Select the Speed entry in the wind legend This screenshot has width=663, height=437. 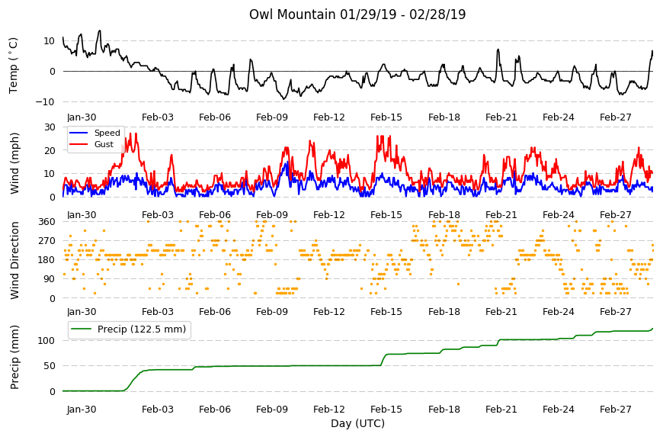pyautogui.click(x=107, y=133)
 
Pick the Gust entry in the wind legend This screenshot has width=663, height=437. pyautogui.click(x=104, y=144)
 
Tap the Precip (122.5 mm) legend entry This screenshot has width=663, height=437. pyautogui.click(x=142, y=329)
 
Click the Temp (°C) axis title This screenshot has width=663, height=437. pyautogui.click(x=14, y=65)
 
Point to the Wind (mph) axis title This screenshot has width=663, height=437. pyautogui.click(x=14, y=163)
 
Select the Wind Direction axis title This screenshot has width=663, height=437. pyautogui.click(x=14, y=260)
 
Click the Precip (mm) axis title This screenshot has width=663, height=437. pyautogui.click(x=14, y=357)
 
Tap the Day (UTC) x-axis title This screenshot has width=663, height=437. pyautogui.click(x=357, y=423)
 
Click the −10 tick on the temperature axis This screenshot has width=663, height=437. pyautogui.click(x=46, y=102)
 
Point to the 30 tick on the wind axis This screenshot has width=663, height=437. pyautogui.click(x=50, y=127)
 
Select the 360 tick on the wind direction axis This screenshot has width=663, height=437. pyautogui.click(x=47, y=222)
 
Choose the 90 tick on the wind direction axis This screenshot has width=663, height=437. pyautogui.click(x=50, y=279)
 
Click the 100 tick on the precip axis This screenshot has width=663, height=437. pyautogui.click(x=47, y=341)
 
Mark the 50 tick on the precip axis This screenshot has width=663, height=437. pyautogui.click(x=50, y=366)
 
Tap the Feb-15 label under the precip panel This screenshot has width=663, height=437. pyautogui.click(x=386, y=410)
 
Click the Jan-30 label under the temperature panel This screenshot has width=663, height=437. pyautogui.click(x=82, y=117)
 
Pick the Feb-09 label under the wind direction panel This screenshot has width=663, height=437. pyautogui.click(x=272, y=312)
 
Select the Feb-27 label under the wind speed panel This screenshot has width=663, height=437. pyautogui.click(x=616, y=215)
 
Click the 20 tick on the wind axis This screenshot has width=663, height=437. pyautogui.click(x=50, y=150)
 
